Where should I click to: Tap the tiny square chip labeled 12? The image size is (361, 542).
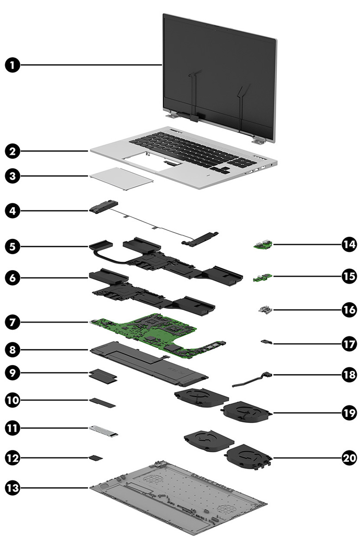tap(95, 458)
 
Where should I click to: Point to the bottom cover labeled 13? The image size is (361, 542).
tap(180, 500)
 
